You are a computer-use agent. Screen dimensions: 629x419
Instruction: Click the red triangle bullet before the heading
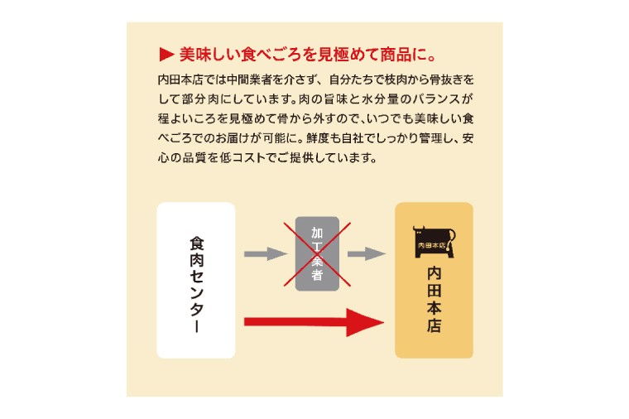(x=166, y=55)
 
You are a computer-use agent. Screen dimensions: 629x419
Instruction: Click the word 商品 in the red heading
(x=395, y=55)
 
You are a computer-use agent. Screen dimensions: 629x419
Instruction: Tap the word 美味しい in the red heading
(x=209, y=55)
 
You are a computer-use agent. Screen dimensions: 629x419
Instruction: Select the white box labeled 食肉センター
(x=196, y=280)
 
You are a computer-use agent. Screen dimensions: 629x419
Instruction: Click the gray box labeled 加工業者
(x=317, y=253)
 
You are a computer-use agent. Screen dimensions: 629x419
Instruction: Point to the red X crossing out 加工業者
(x=317, y=254)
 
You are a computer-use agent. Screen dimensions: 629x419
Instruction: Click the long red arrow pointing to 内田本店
(x=314, y=322)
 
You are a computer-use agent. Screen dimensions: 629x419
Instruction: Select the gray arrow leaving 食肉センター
(x=266, y=253)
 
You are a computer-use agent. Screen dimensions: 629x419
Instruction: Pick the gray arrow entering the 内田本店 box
(x=367, y=253)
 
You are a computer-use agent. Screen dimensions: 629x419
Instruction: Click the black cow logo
(x=434, y=242)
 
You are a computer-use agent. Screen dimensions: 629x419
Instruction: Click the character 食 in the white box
(x=197, y=243)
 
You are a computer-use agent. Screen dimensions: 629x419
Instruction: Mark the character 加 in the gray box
(x=317, y=233)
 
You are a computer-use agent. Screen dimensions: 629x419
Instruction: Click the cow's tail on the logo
(x=453, y=238)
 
